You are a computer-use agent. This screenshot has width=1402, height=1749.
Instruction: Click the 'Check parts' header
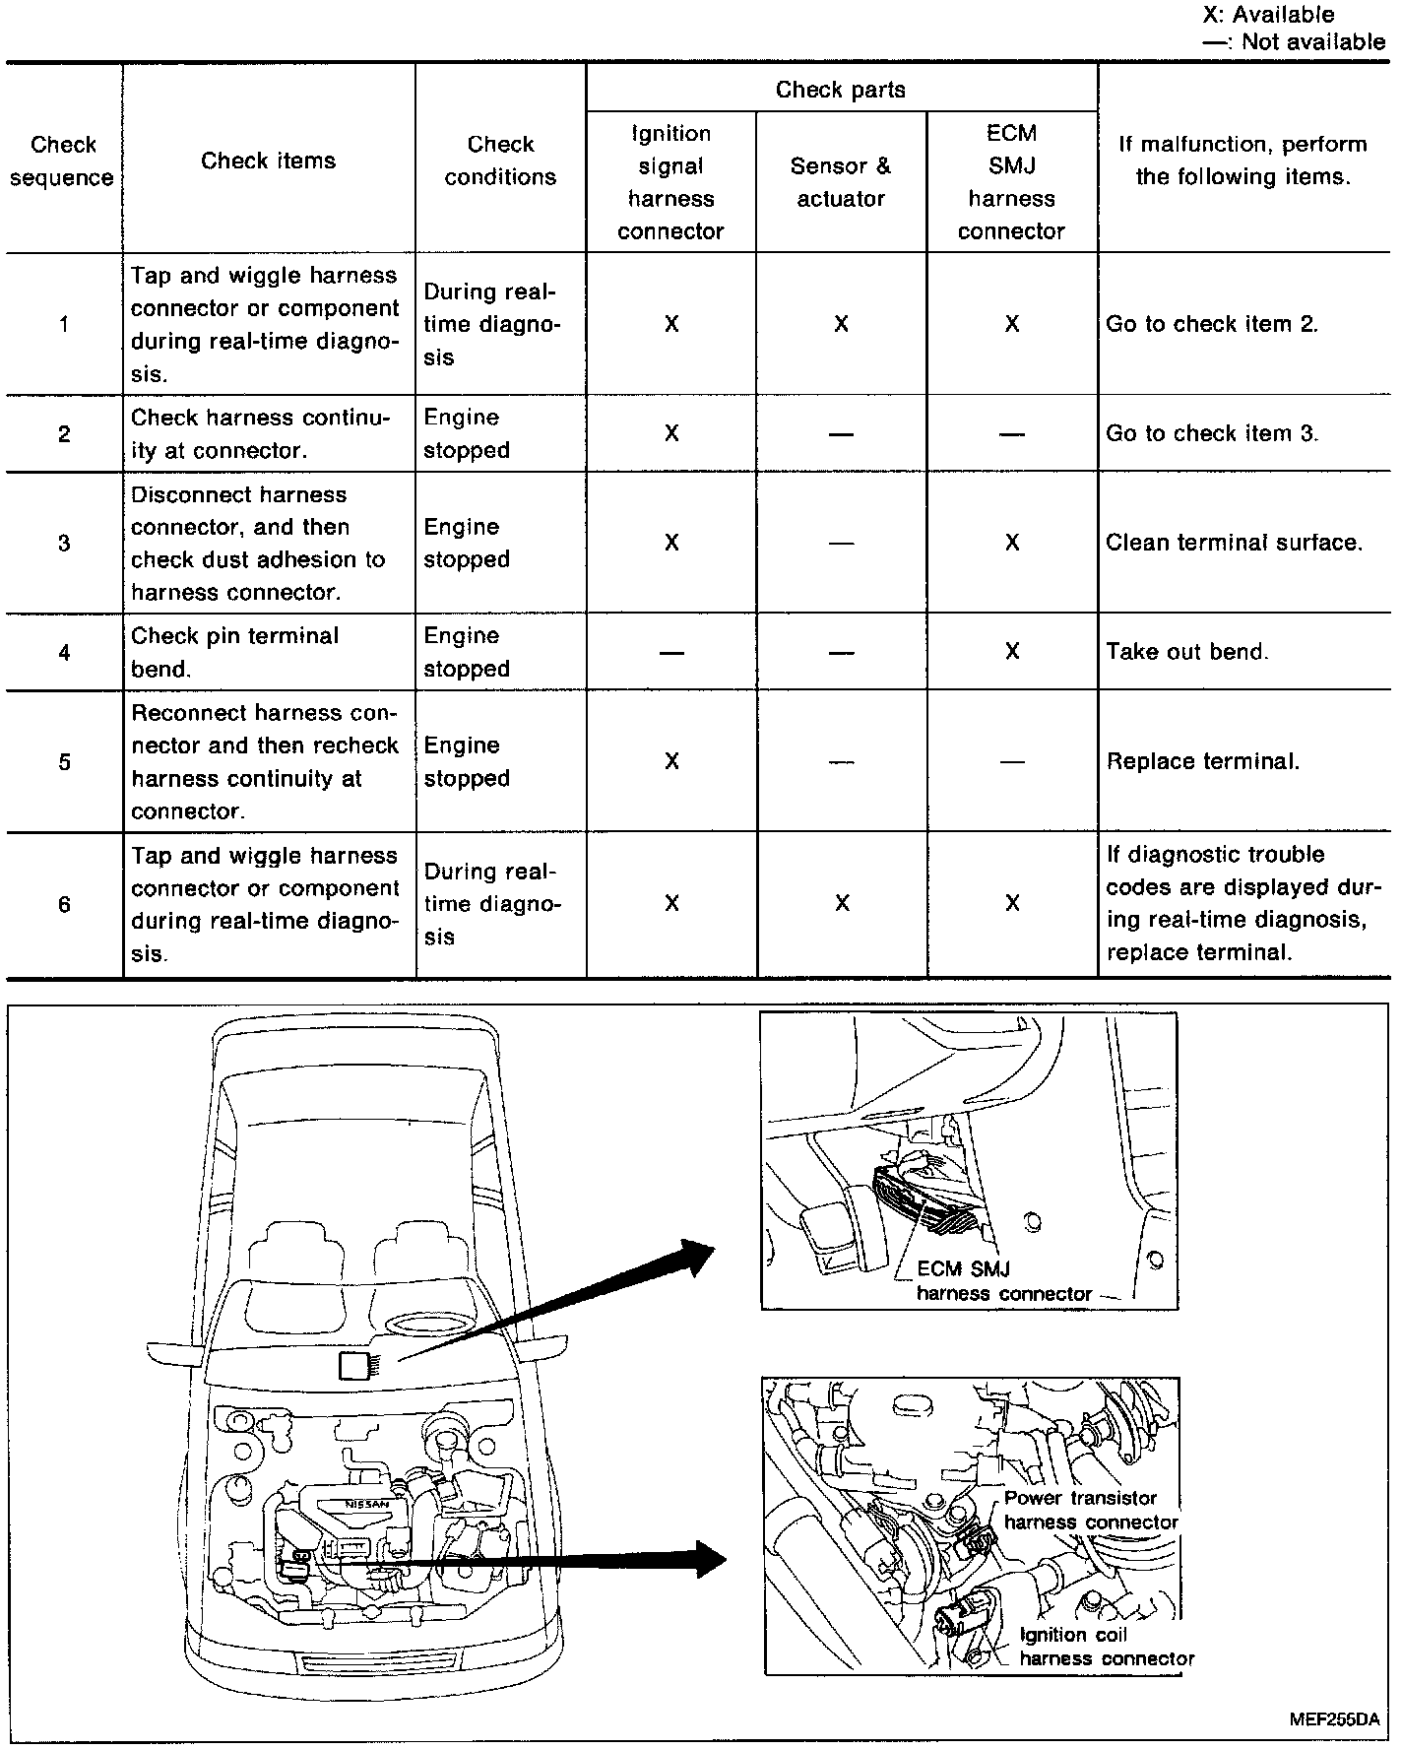pos(840,90)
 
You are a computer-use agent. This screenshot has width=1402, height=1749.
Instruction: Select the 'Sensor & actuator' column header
pos(841,182)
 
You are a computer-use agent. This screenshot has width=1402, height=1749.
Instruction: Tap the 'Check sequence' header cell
pos(63,161)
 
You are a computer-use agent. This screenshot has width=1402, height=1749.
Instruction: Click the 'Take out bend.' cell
pos(1187,652)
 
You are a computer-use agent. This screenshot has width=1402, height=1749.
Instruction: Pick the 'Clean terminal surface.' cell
pos(1234,543)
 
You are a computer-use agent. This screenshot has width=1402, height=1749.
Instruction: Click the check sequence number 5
pos(64,761)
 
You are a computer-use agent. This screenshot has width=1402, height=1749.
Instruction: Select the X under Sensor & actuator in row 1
pos(841,324)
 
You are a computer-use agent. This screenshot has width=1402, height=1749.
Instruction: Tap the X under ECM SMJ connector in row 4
pos(1012,652)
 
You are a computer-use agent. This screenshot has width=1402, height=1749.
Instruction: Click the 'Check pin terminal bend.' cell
pos(234,652)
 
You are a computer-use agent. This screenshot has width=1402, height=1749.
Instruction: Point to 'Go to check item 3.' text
pos(1212,433)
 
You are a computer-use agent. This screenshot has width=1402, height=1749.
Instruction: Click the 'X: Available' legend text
pos(1268,14)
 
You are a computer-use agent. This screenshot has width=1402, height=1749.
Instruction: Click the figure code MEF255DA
pos(1334,1719)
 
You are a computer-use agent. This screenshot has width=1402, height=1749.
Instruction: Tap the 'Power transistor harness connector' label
pos(1091,1510)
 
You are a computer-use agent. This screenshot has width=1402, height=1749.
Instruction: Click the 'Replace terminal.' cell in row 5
pos(1203,761)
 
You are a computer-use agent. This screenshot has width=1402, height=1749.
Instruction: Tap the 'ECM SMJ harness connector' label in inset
pos(1003,1281)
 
